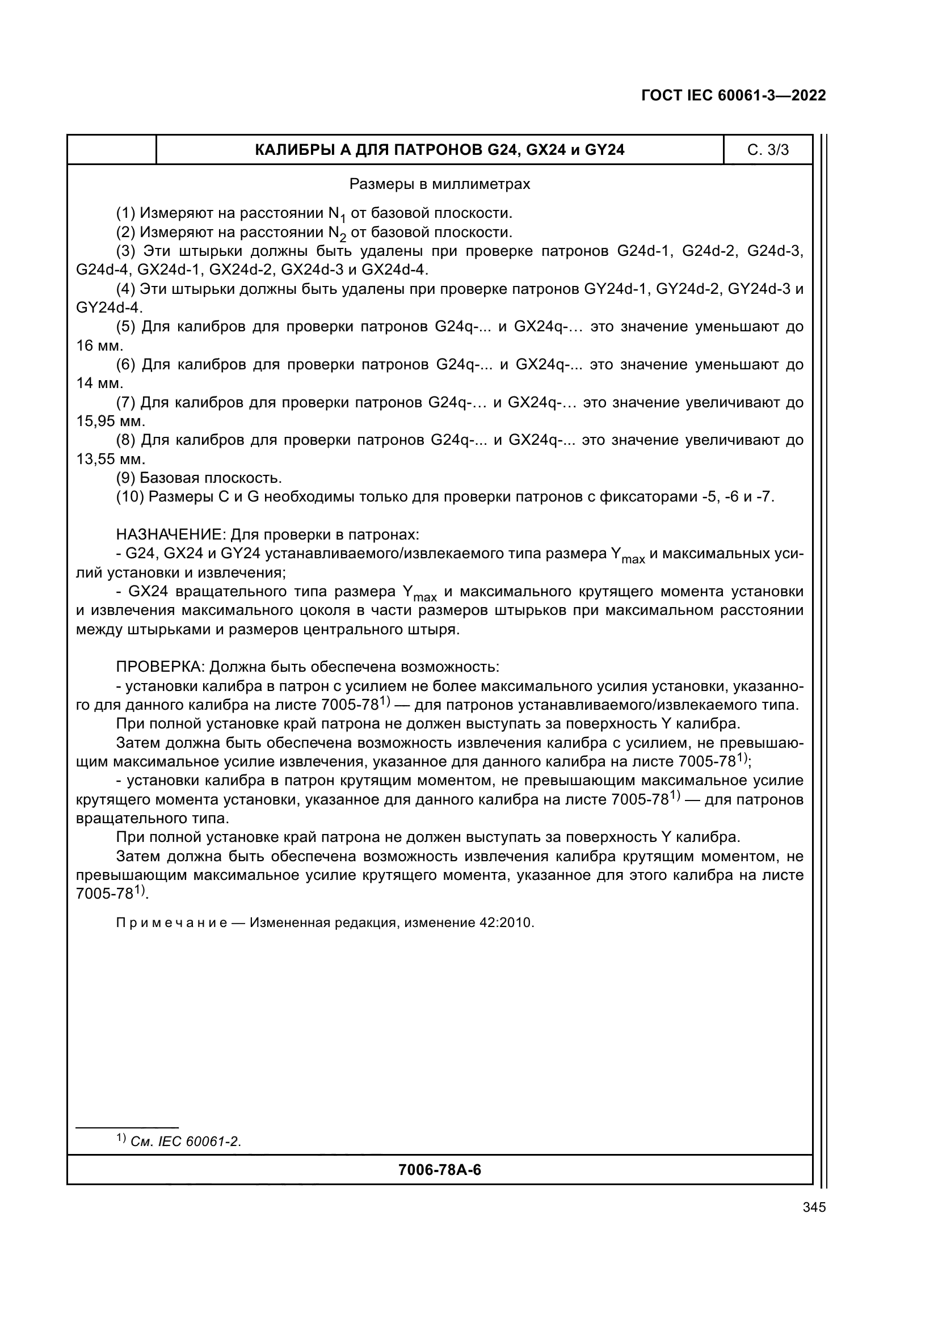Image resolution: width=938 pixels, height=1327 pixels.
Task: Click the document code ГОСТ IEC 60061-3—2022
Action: coord(733,95)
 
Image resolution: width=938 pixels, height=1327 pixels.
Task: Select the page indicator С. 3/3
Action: coord(768,150)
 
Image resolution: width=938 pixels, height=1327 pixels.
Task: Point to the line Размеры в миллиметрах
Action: coord(439,184)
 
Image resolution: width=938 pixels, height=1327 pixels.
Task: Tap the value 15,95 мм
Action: coord(111,422)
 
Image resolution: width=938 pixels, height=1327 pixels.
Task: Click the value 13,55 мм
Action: coord(111,460)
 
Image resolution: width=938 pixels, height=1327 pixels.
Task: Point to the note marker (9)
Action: coord(126,478)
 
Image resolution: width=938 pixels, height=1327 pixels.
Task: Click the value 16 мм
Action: coord(99,346)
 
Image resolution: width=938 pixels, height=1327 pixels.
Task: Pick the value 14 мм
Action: coord(99,384)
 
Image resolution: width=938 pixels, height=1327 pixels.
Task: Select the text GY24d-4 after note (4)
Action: coord(108,307)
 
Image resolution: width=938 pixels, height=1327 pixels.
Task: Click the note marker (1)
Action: coord(126,214)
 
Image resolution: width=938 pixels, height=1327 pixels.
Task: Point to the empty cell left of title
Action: coord(112,150)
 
